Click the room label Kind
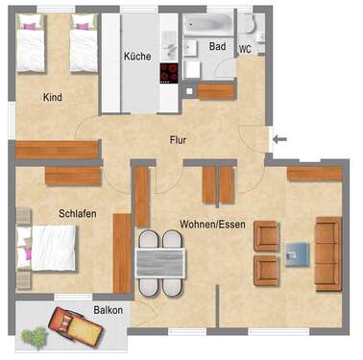53,97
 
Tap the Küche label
137,57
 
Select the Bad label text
217,45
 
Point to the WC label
245,49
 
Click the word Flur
178,139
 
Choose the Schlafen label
77,213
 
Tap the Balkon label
108,310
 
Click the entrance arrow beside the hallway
278,139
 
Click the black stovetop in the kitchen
169,73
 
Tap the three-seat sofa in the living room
327,252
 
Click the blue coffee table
297,253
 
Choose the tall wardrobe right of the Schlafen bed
121,252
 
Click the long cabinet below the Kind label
57,149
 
